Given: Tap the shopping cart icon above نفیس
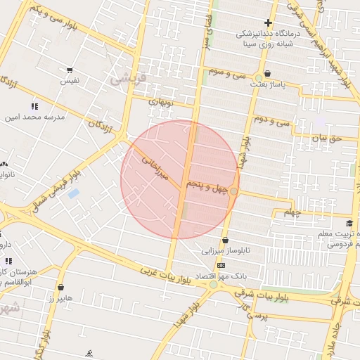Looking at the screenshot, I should point(69,70).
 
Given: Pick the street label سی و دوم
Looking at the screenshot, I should point(274,120).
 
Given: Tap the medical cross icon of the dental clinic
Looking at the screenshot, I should point(268,22).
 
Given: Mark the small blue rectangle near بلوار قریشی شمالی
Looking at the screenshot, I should point(73,193).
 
